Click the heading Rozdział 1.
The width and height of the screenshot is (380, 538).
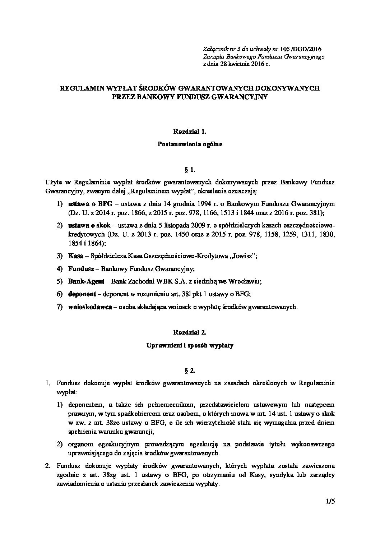[190, 132]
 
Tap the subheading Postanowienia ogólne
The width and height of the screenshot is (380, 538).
[190, 144]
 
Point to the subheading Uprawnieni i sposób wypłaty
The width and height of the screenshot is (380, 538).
[190, 346]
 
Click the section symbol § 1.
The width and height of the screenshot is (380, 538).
[190, 169]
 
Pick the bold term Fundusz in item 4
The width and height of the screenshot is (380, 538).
[81, 268]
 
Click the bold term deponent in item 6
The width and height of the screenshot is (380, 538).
[82, 294]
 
